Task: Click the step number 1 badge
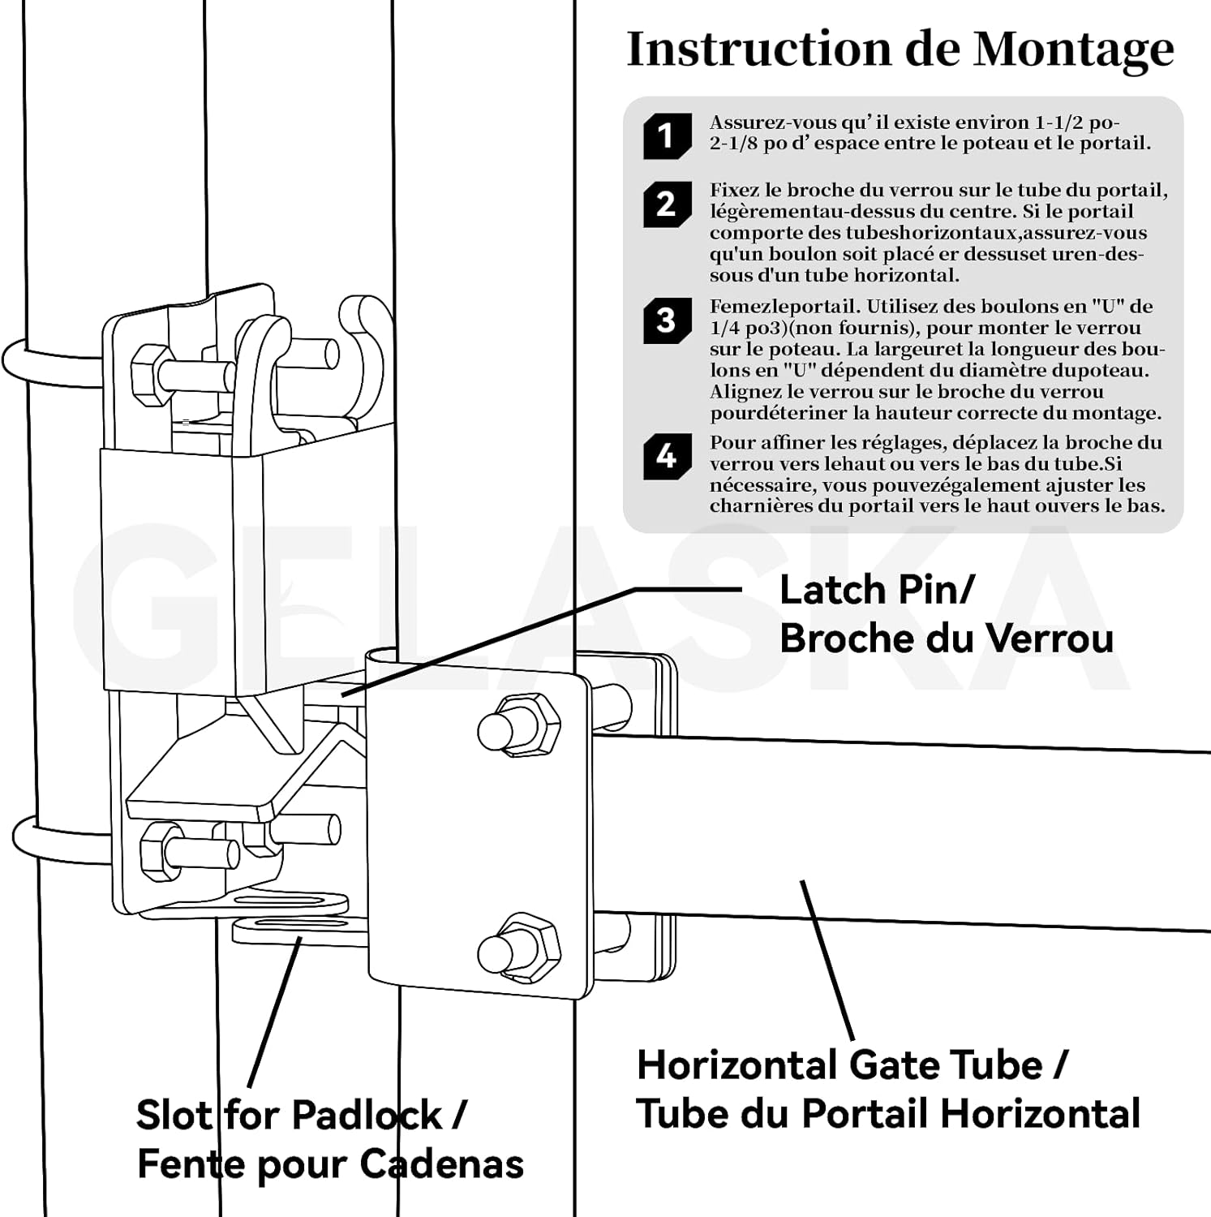click(x=667, y=135)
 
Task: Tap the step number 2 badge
click(x=667, y=204)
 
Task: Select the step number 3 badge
click(x=667, y=320)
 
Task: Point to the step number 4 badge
click(x=667, y=456)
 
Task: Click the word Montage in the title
click(x=1073, y=50)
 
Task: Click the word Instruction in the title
click(x=758, y=49)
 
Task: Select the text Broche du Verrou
click(x=946, y=639)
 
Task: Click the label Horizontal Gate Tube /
click(x=852, y=1065)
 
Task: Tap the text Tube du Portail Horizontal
click(x=888, y=1114)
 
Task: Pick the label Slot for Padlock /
click(x=301, y=1115)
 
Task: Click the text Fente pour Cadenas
click(x=330, y=1164)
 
